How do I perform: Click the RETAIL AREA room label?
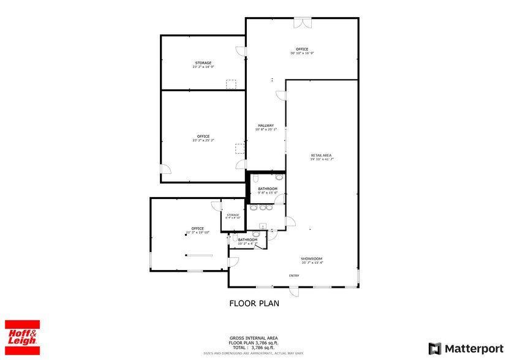321,156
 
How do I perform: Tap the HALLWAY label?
265,126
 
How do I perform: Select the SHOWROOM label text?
311,258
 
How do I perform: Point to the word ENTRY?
294,276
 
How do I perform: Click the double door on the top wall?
302,23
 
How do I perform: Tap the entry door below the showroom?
295,291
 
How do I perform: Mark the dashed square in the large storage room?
231,84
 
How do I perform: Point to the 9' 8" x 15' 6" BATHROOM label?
268,189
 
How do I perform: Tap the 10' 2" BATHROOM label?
247,239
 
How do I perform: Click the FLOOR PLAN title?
254,303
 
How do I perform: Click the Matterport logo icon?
434,348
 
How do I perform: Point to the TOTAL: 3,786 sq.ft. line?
254,347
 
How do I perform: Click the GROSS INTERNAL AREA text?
254,338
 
